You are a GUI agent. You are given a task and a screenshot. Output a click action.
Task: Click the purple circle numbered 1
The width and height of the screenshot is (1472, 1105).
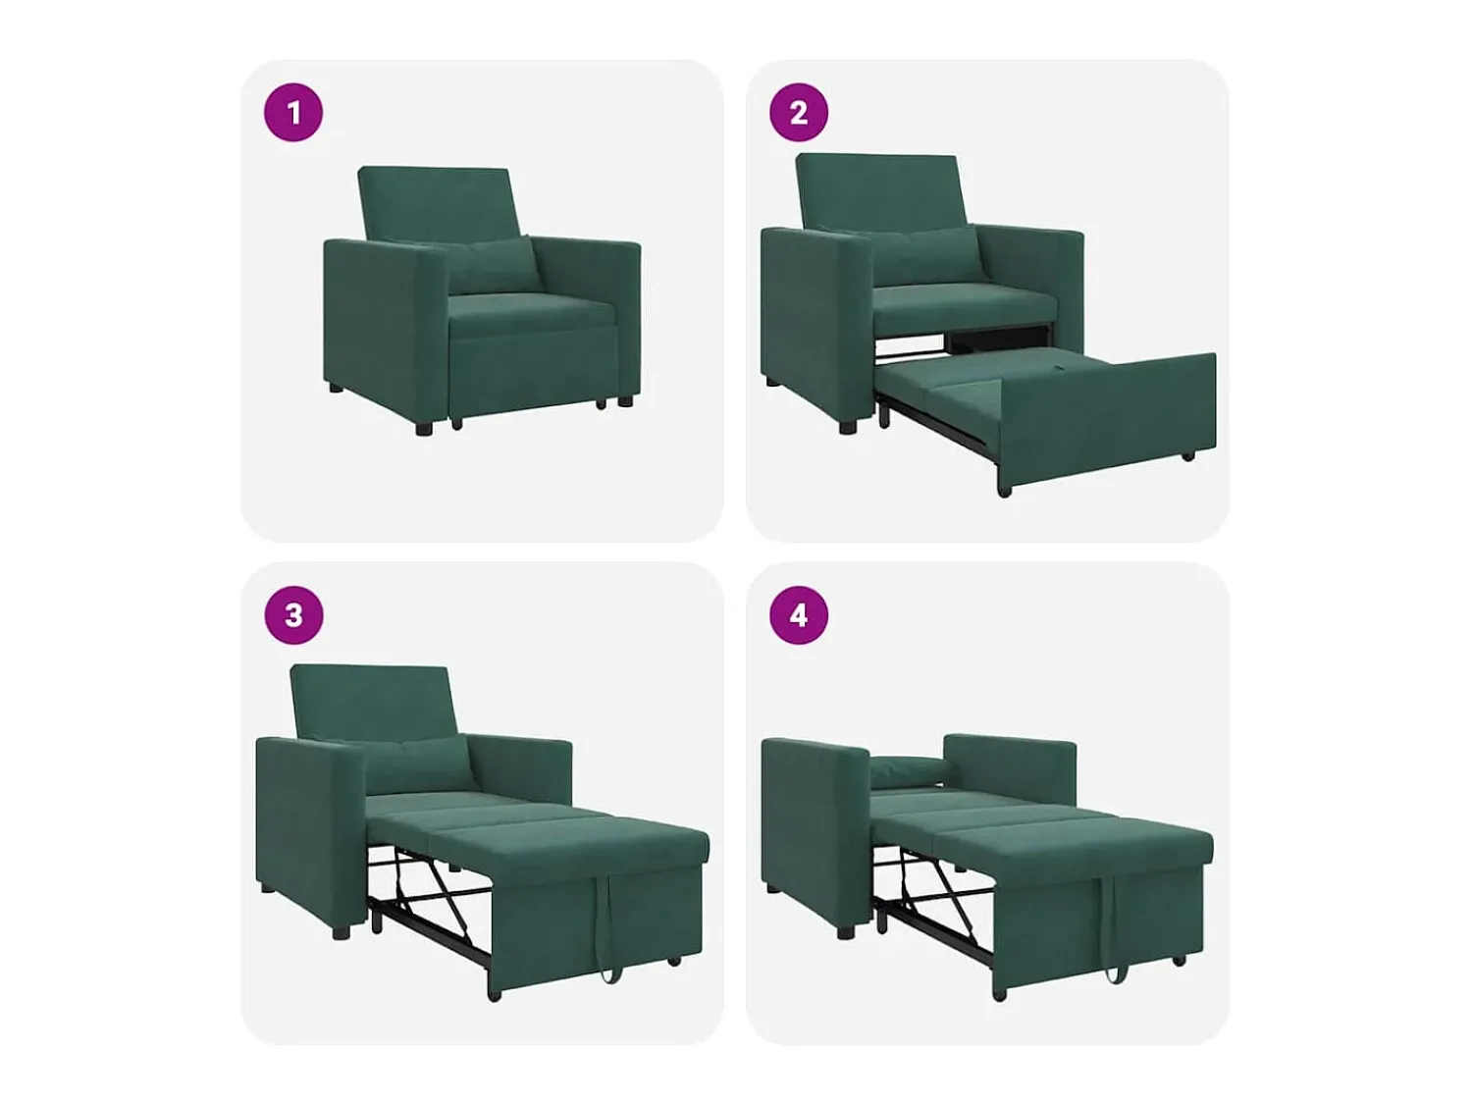point(293,112)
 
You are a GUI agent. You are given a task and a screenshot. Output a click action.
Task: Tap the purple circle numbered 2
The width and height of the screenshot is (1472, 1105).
point(798,112)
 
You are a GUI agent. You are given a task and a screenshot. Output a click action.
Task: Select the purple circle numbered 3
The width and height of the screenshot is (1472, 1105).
point(293,615)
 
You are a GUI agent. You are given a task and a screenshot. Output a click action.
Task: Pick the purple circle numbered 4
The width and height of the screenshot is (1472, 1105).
point(798,615)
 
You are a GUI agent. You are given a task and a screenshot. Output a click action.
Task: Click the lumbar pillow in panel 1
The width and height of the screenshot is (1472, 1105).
point(493,265)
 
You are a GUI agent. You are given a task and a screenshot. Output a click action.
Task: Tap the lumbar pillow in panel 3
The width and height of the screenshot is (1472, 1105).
point(419,763)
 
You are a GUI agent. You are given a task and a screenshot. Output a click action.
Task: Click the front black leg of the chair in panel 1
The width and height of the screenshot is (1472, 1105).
point(424,427)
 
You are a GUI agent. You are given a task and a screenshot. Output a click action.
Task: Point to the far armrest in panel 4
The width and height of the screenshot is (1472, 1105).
point(1010,771)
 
